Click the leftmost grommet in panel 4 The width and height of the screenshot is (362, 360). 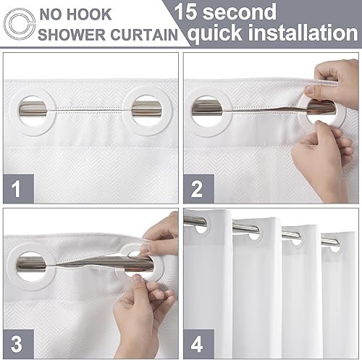pos(198,225)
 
